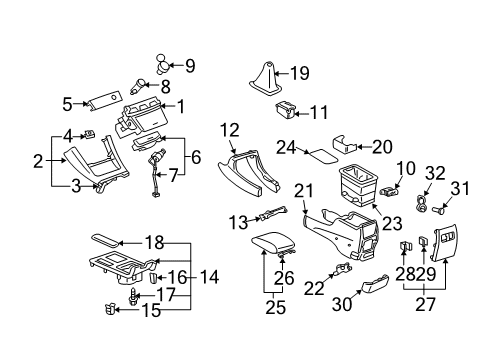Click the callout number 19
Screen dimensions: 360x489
tap(300, 72)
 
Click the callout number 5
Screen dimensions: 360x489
tap(67, 103)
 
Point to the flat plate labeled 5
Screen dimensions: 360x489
tap(103, 101)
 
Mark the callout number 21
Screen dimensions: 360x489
tap(305, 190)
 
